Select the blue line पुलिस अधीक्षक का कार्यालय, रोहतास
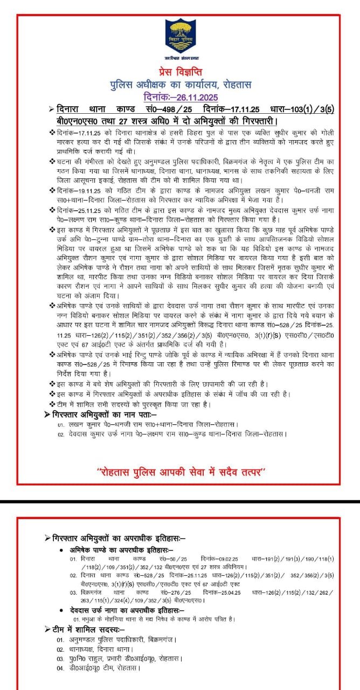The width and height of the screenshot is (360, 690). point(179,85)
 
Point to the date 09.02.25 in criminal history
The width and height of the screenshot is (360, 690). point(226,559)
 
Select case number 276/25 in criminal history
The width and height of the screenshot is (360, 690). point(177,592)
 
